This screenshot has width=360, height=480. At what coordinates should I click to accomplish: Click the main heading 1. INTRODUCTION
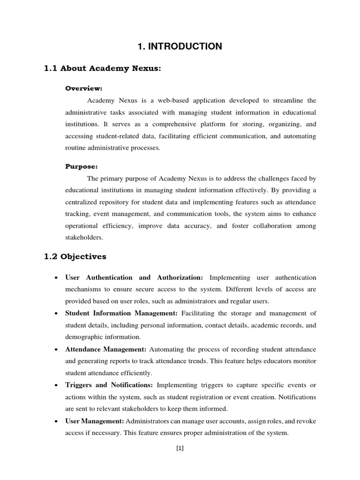tap(180, 46)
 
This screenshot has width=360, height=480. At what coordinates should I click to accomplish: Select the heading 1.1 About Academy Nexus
tap(102, 69)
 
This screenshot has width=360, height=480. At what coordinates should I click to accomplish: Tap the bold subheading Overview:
tap(83, 88)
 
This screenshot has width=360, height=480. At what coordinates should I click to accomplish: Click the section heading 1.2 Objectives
tap(75, 256)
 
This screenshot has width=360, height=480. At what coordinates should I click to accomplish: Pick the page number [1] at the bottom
tap(180, 448)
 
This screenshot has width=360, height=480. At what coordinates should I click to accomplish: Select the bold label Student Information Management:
tap(121, 314)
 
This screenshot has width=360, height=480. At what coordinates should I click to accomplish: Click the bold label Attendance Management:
tap(106, 350)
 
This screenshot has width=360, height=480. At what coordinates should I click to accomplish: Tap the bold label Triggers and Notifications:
tap(109, 385)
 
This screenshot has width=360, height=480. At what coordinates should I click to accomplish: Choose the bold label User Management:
tap(95, 421)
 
